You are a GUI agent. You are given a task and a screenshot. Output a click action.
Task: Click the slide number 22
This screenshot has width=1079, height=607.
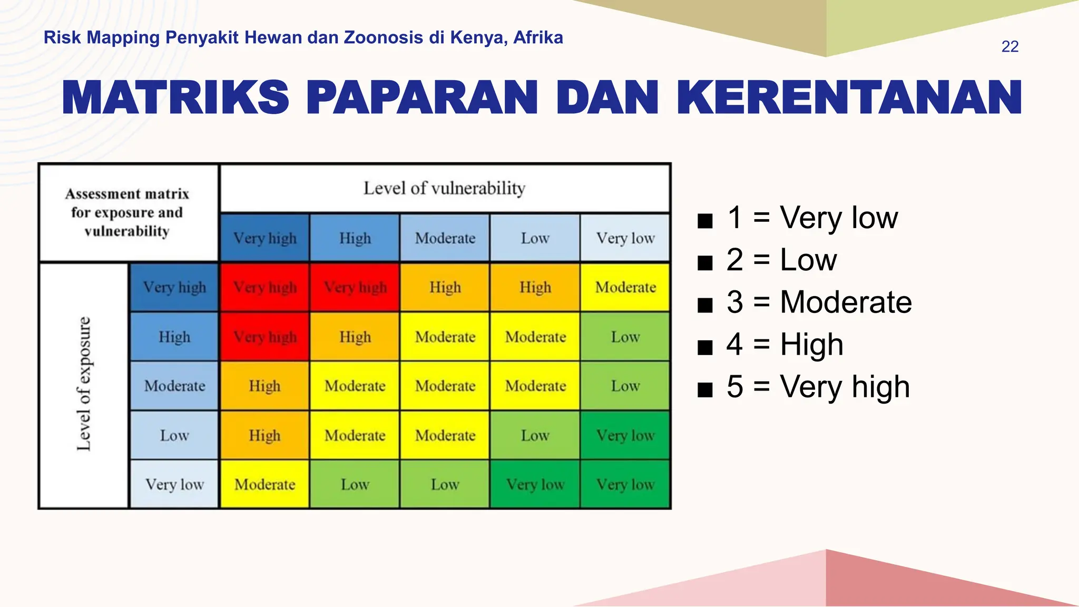1009,46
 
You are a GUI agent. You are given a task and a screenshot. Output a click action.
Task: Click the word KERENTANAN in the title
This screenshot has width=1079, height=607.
849,98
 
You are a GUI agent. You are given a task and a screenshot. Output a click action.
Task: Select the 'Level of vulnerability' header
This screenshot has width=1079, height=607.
444,188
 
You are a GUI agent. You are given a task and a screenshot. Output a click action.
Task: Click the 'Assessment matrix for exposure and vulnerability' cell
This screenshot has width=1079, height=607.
127,212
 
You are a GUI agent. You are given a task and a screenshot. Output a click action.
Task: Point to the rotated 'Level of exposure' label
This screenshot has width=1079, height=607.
84,384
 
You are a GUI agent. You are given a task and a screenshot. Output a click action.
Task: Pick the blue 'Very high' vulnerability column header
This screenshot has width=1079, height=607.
264,238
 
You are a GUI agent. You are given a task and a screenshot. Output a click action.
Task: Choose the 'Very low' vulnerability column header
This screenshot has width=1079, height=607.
625,238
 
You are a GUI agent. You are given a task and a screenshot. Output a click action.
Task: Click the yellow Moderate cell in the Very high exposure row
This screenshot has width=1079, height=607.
625,287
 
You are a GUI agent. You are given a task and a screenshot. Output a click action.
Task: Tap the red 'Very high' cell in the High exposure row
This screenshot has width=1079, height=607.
264,337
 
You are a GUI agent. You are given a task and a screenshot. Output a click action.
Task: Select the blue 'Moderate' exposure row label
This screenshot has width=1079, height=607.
174,386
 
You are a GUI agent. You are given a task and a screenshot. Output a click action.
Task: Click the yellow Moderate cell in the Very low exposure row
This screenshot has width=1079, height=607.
264,484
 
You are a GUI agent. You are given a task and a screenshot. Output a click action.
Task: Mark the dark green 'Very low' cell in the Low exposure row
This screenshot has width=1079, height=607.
625,435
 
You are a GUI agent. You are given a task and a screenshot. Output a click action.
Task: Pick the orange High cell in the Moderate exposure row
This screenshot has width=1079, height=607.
264,386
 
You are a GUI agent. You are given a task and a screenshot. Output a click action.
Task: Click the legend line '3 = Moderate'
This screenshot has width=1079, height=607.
819,302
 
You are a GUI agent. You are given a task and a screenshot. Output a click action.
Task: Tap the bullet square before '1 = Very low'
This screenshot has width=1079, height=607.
705,220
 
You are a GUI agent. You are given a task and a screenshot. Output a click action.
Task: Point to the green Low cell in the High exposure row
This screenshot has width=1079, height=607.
625,337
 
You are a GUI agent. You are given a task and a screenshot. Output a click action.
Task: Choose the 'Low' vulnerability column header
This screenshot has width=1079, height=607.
535,238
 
